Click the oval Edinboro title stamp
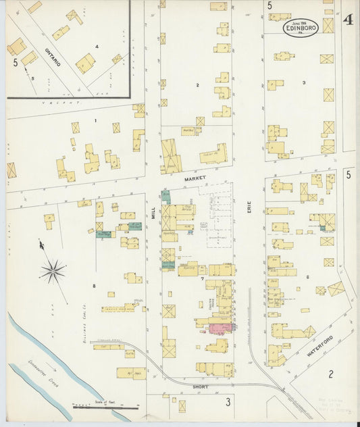point(301,28)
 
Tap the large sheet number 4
point(347,20)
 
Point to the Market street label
point(195,179)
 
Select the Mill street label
point(153,215)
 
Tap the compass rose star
point(53,272)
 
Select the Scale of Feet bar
point(105,407)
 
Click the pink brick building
point(220,328)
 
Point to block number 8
point(94,286)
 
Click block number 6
point(307,277)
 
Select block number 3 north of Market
point(304,82)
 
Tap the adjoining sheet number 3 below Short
point(228,403)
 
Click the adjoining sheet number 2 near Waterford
point(331,374)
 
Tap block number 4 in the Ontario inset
point(97,46)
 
